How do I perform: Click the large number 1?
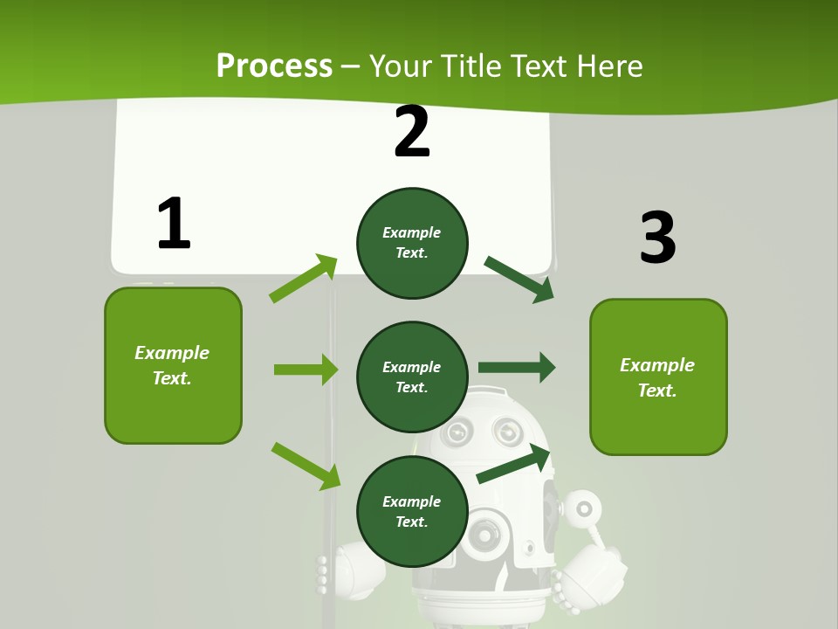174,224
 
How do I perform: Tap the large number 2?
412,132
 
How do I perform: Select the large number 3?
657,238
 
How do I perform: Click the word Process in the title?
274,66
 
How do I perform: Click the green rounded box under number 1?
173,365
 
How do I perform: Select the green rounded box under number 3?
658,377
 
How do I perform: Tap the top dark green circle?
412,243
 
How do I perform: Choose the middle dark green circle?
412,377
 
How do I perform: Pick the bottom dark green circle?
412,511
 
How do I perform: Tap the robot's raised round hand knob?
584,508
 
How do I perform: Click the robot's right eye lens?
506,430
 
